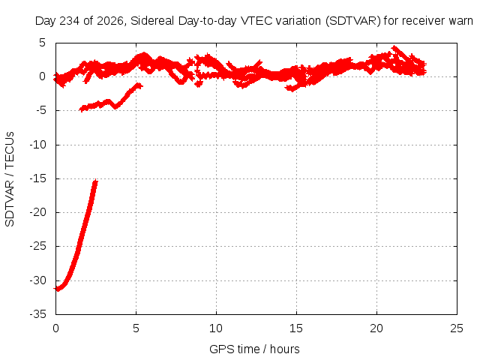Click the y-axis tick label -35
(37, 314)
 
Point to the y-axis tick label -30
(37, 280)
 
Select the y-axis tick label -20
(37, 212)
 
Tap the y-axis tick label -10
(37, 145)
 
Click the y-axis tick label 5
(42, 43)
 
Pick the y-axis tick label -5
(40, 110)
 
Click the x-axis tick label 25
(457, 328)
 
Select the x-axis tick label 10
(216, 328)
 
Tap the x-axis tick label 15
(296, 328)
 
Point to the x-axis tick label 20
(376, 328)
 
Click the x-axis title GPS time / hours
(254, 349)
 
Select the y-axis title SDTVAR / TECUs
(10, 179)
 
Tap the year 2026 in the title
(109, 21)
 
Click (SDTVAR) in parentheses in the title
(352, 21)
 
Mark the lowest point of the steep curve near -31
(57, 289)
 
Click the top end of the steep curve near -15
(96, 181)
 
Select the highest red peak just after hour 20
(394, 47)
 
